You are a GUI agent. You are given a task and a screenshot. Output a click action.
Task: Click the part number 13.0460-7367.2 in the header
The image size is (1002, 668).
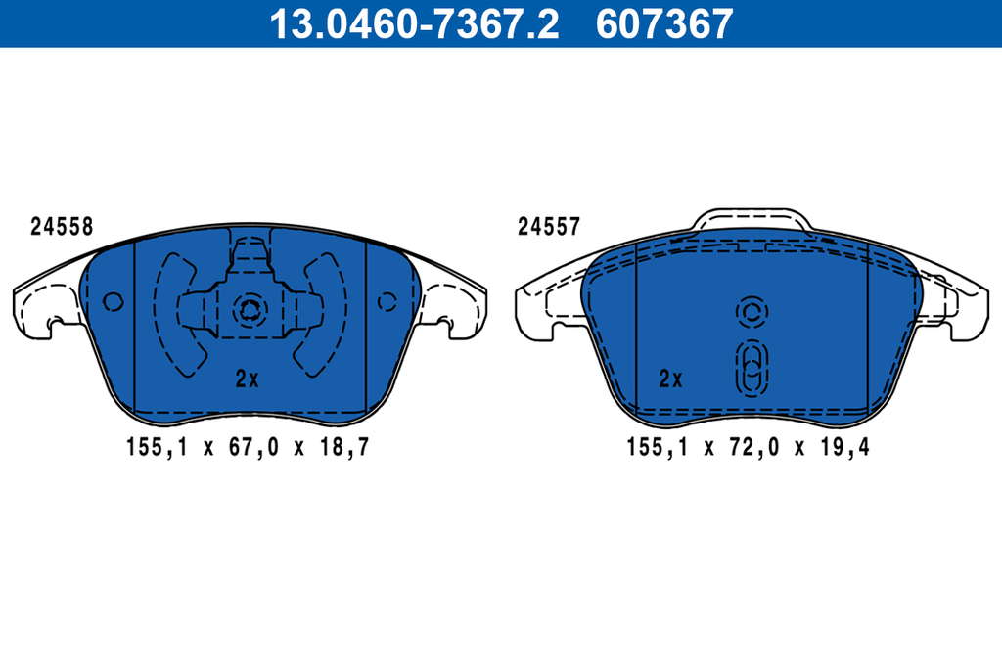414,23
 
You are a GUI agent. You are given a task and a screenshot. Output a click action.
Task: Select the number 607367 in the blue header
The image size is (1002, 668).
664,23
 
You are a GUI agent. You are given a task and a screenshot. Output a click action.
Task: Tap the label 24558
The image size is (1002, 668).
62,226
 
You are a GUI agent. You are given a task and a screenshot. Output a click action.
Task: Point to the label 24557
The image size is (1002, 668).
548,226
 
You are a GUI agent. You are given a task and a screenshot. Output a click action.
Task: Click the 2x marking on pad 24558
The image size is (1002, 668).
247,379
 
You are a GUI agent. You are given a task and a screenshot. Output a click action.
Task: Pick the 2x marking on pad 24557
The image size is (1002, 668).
670,379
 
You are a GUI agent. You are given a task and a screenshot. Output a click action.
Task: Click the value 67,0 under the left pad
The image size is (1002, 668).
253,447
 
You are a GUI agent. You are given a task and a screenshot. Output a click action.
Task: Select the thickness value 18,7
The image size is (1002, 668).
344,447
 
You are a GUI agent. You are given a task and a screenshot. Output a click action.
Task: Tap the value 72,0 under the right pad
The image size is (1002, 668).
754,447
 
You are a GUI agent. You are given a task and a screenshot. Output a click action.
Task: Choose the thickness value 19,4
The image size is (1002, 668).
844,447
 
